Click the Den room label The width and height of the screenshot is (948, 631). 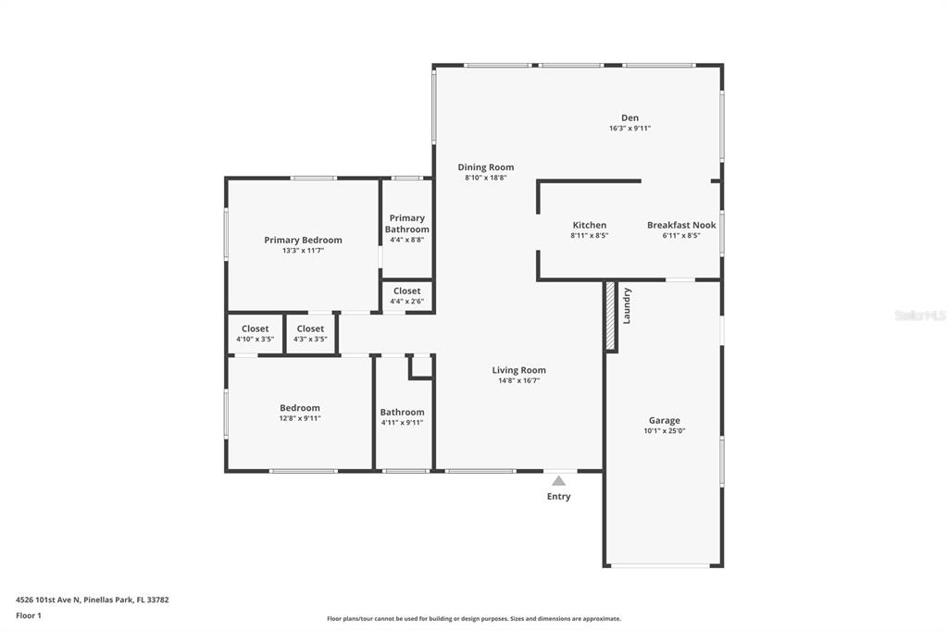coord(630,118)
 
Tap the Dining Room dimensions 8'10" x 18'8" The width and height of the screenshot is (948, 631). coord(485,178)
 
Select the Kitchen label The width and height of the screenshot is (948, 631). coord(590,225)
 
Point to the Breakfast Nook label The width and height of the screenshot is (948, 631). coord(681,225)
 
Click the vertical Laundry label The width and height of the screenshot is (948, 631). coord(627,306)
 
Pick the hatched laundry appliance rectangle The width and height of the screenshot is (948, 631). coord(611,315)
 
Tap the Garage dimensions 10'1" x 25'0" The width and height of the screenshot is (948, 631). coord(665,431)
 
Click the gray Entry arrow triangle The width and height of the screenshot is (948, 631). coord(558,480)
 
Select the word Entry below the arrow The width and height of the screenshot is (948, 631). coord(558,496)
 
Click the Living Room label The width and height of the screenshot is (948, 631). coord(518,370)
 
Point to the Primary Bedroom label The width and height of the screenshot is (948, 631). coord(303,240)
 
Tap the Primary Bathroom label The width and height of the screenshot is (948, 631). coord(407,224)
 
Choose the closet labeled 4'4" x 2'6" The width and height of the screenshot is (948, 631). coord(407,295)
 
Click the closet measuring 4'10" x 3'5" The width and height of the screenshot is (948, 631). coord(256,334)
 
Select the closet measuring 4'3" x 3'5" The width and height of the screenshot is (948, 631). coord(310,334)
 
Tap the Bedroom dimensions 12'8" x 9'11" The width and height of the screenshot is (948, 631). coord(300,418)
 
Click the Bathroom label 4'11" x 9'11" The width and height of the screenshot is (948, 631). coord(402,417)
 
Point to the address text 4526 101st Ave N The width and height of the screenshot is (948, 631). coord(48,600)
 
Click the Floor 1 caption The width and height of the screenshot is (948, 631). coord(29,616)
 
